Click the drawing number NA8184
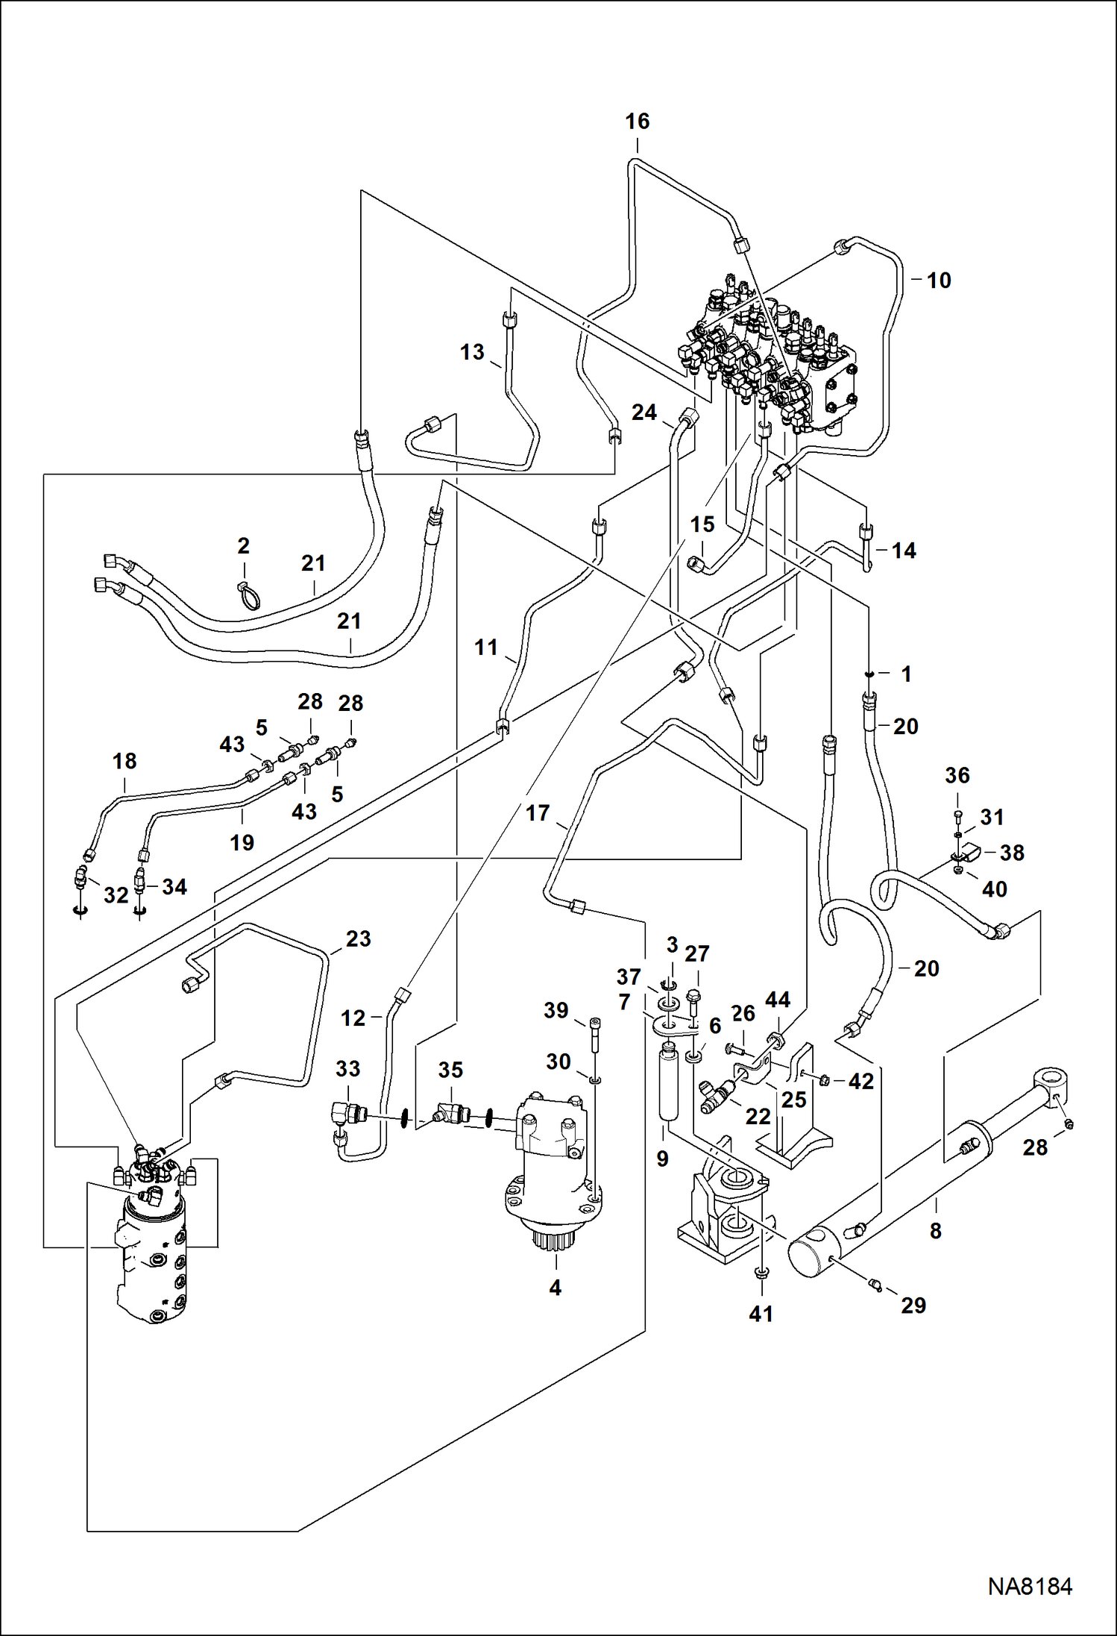click(1030, 1586)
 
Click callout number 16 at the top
click(637, 122)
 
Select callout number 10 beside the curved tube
click(938, 280)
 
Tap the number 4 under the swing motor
click(555, 1287)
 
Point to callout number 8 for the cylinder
click(936, 1230)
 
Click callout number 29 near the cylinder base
click(913, 1305)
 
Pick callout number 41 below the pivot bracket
click(761, 1313)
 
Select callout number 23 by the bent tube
click(358, 938)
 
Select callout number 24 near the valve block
click(644, 412)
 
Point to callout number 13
click(472, 352)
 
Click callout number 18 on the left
click(125, 761)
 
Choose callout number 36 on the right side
click(957, 775)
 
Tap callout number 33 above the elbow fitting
click(347, 1068)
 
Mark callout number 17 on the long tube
click(538, 812)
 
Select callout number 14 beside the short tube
click(904, 551)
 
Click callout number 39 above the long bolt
click(556, 1010)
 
